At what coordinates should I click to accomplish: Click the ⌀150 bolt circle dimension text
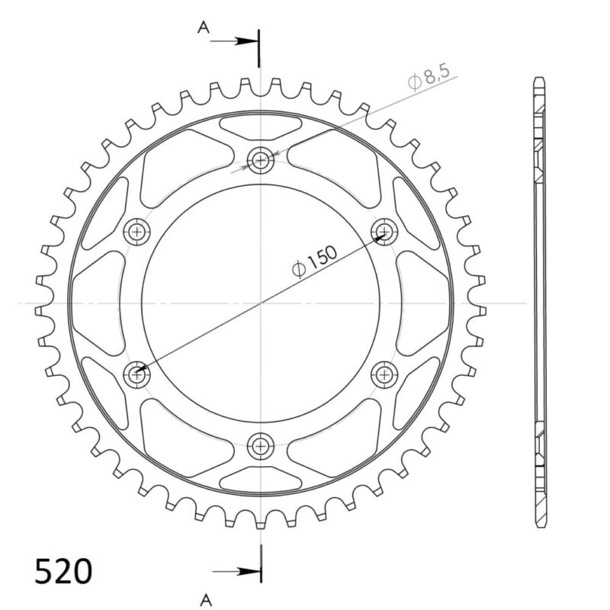tap(313, 259)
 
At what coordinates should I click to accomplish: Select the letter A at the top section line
tap(203, 28)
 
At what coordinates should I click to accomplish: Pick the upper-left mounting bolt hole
tap(138, 231)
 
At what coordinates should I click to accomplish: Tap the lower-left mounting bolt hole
tap(138, 374)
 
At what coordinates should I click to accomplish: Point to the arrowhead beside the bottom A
tap(248, 571)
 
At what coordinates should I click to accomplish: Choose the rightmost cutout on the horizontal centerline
tap(424, 303)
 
